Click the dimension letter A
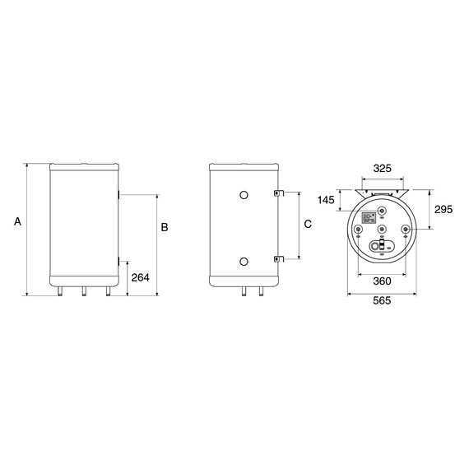pos(16,221)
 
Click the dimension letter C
pos(307,224)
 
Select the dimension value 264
pos(141,277)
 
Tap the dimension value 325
pos(383,169)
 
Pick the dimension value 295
pos(443,210)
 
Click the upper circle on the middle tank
pos(244,195)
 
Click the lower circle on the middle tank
pos(244,262)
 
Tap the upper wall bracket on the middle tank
pos(278,194)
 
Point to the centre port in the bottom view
pos(383,230)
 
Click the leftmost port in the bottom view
pos(358,230)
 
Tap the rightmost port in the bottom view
pos(406,230)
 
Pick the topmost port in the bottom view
pos(383,208)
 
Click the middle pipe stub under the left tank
pos(84,292)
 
